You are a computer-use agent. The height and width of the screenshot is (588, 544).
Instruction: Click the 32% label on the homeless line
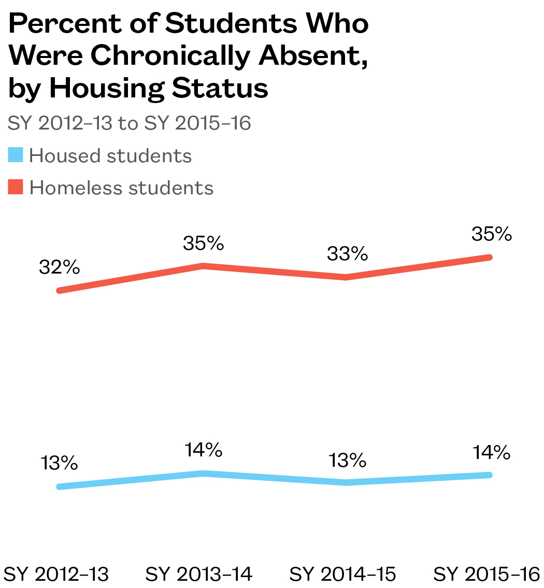click(x=59, y=268)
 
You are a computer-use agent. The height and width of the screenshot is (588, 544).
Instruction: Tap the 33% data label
click(x=347, y=254)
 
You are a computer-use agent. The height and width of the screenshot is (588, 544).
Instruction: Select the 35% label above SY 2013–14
click(x=203, y=243)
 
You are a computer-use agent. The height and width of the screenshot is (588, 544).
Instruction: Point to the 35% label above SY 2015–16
click(x=492, y=234)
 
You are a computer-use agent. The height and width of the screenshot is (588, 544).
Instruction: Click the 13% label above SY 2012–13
click(x=59, y=463)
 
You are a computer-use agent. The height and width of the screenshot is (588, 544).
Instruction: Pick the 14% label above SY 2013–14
click(x=203, y=450)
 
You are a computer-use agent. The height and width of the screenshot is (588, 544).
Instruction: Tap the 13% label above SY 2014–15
click(x=347, y=459)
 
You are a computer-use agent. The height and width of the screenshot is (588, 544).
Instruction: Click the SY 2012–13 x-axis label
click(x=56, y=574)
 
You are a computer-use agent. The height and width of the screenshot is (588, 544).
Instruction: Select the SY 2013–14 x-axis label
click(x=199, y=574)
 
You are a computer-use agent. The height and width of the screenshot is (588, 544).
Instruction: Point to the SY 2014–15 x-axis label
click(x=343, y=574)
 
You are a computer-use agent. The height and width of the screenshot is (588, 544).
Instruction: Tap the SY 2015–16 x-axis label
click(x=487, y=574)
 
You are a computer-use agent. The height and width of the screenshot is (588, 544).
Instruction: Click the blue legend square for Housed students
click(x=16, y=155)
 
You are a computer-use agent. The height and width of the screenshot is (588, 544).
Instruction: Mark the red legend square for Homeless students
click(x=16, y=187)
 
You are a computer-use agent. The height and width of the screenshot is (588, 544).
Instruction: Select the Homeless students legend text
click(x=121, y=187)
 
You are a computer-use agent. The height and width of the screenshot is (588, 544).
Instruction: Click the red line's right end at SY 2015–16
click(x=490, y=257)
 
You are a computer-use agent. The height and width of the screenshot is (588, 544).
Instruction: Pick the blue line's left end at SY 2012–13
click(x=60, y=486)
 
